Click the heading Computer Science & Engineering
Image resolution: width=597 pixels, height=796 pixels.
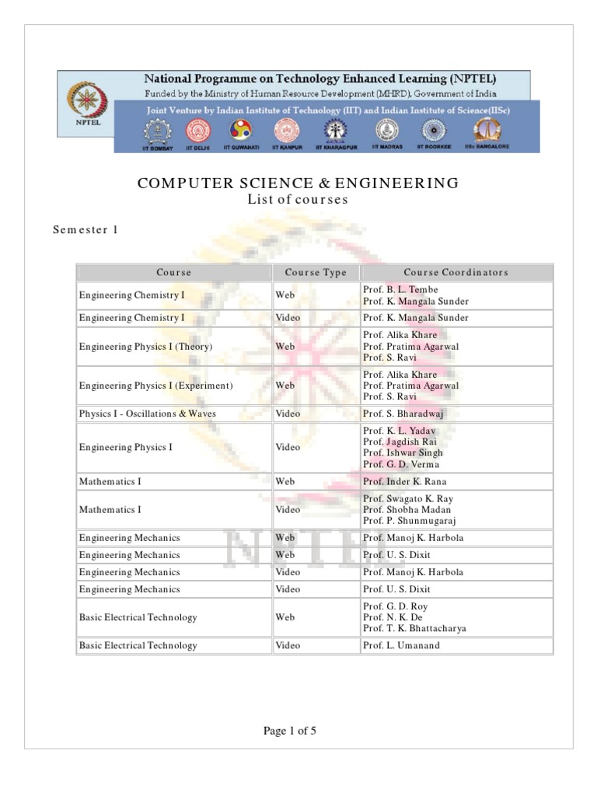coord(298,183)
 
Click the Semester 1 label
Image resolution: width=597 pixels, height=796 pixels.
coord(86,229)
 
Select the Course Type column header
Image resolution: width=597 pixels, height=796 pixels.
coord(316,272)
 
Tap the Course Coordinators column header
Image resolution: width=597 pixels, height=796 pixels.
coord(456,272)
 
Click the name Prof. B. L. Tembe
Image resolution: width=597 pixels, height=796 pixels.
coord(400,290)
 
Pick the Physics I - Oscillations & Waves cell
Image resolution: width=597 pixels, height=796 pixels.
coord(147,414)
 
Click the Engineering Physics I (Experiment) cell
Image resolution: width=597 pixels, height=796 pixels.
coord(155,386)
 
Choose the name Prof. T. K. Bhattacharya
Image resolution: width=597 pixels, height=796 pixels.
coord(414,628)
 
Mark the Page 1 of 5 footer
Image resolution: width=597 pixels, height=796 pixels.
coord(289,731)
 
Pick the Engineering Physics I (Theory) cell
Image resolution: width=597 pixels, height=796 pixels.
coord(145,347)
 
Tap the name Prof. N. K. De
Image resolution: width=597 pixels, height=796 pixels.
coord(395,617)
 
